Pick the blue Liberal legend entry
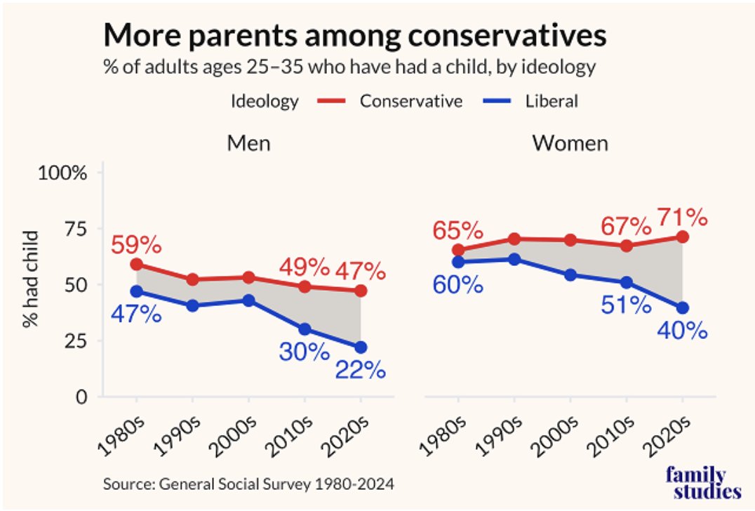click(x=533, y=101)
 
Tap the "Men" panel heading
click(x=248, y=143)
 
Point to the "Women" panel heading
click(x=570, y=143)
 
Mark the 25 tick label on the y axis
click(x=72, y=341)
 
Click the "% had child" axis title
click(x=29, y=285)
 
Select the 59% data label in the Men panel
click(x=136, y=245)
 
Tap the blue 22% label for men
click(x=360, y=369)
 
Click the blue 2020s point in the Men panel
click(x=361, y=347)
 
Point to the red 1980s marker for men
click(x=137, y=264)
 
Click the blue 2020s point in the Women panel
click(x=682, y=307)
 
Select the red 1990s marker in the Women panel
click(x=514, y=239)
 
